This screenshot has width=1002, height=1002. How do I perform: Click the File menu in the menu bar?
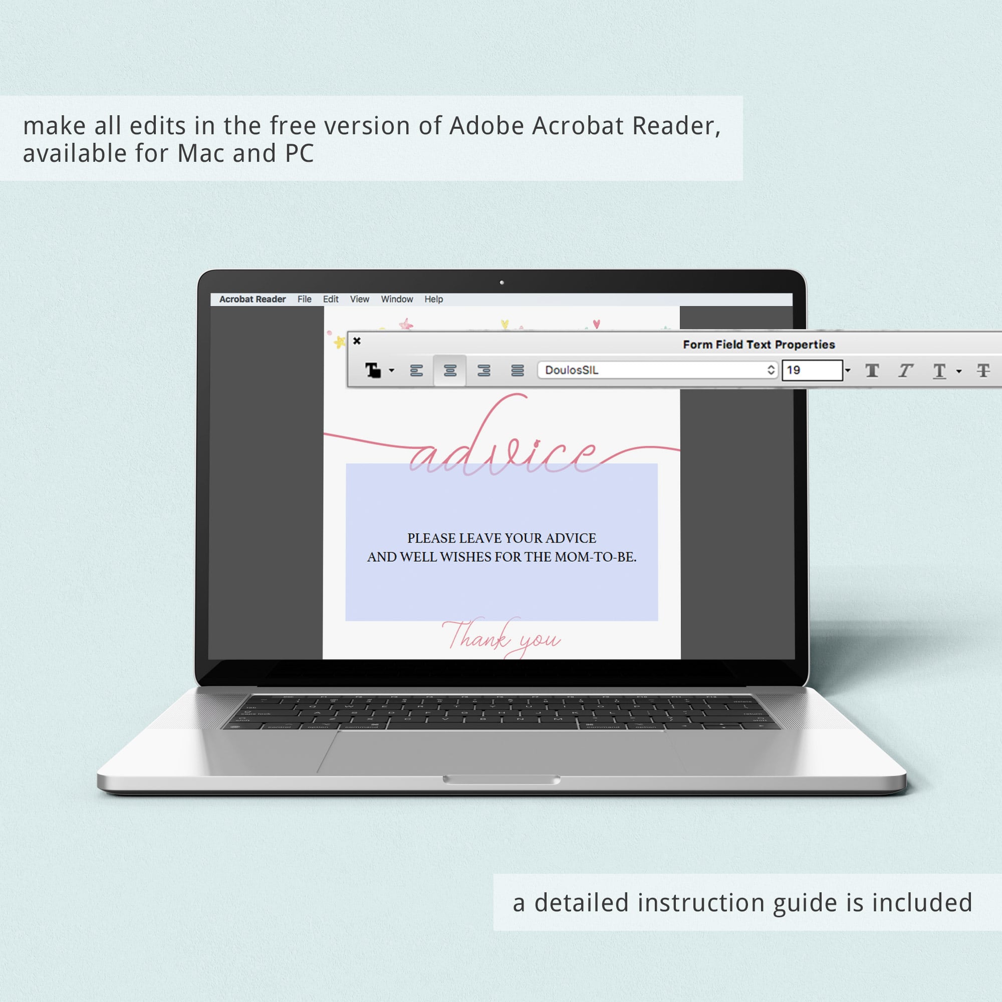[x=305, y=299]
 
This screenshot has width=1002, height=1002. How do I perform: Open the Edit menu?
[x=330, y=299]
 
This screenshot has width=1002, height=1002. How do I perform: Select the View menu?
[x=359, y=299]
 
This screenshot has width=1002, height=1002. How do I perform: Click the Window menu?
[x=397, y=299]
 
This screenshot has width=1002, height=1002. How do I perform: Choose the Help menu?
[x=433, y=299]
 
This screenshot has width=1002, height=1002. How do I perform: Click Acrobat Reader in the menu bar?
[x=253, y=299]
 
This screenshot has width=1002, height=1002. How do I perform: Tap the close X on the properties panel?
[x=357, y=341]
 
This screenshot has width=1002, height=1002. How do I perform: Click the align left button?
[x=416, y=370]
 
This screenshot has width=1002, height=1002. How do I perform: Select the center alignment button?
[x=450, y=370]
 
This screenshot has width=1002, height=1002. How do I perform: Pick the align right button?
[x=484, y=370]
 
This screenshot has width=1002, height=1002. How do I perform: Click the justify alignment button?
[x=517, y=370]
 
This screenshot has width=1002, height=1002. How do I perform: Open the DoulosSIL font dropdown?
[x=658, y=370]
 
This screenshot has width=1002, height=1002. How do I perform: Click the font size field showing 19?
[x=812, y=370]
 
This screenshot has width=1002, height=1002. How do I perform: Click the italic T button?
[x=905, y=370]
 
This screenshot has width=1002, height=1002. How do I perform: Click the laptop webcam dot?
[x=502, y=283]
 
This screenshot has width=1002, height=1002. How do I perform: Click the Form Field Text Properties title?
[x=759, y=344]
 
